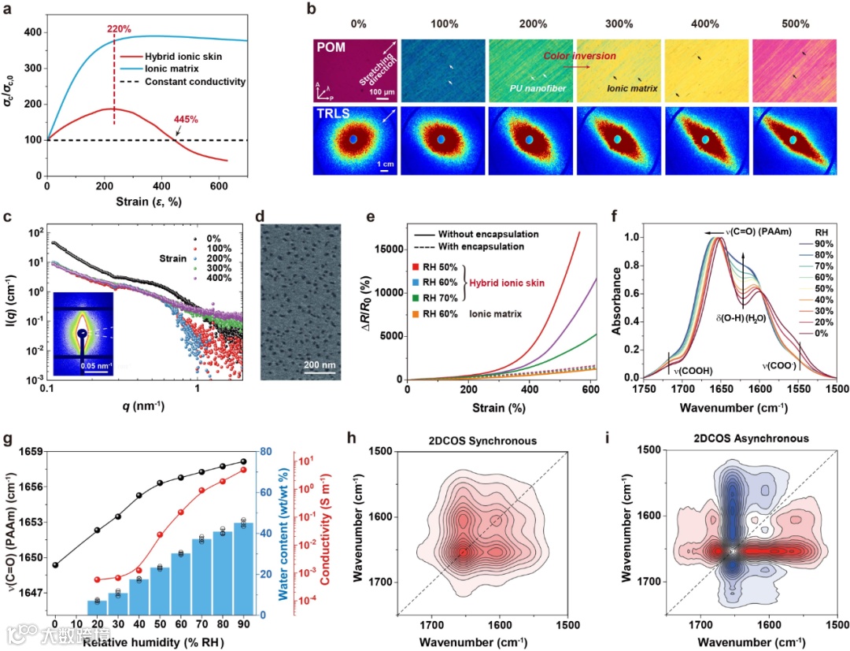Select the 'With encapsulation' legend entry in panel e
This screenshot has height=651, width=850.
(x=482, y=246)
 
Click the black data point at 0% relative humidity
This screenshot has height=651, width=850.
(x=55, y=564)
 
